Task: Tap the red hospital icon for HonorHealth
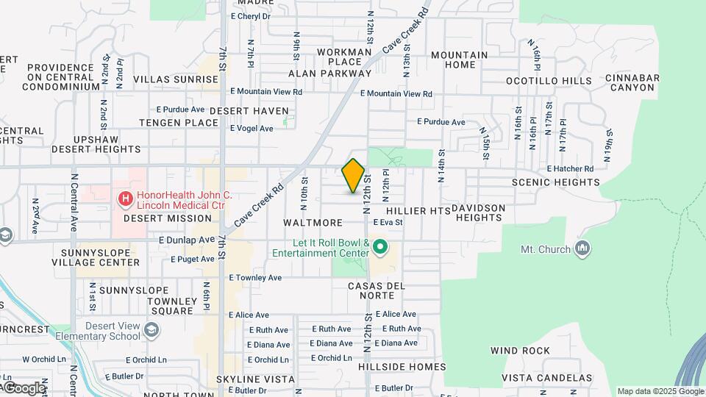coord(125,198)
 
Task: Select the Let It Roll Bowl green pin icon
coord(379,247)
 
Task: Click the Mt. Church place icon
coord(583,248)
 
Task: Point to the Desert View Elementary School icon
coord(151,331)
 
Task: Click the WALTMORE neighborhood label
coord(313,222)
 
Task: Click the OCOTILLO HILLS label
coord(549,81)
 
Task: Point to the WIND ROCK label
coord(520,351)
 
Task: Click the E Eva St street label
coord(388,222)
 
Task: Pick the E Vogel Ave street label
coord(252,128)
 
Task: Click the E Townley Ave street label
coord(255,278)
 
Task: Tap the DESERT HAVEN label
coord(249,110)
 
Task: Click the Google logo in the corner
coord(24,387)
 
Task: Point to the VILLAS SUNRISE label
coord(176,79)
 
